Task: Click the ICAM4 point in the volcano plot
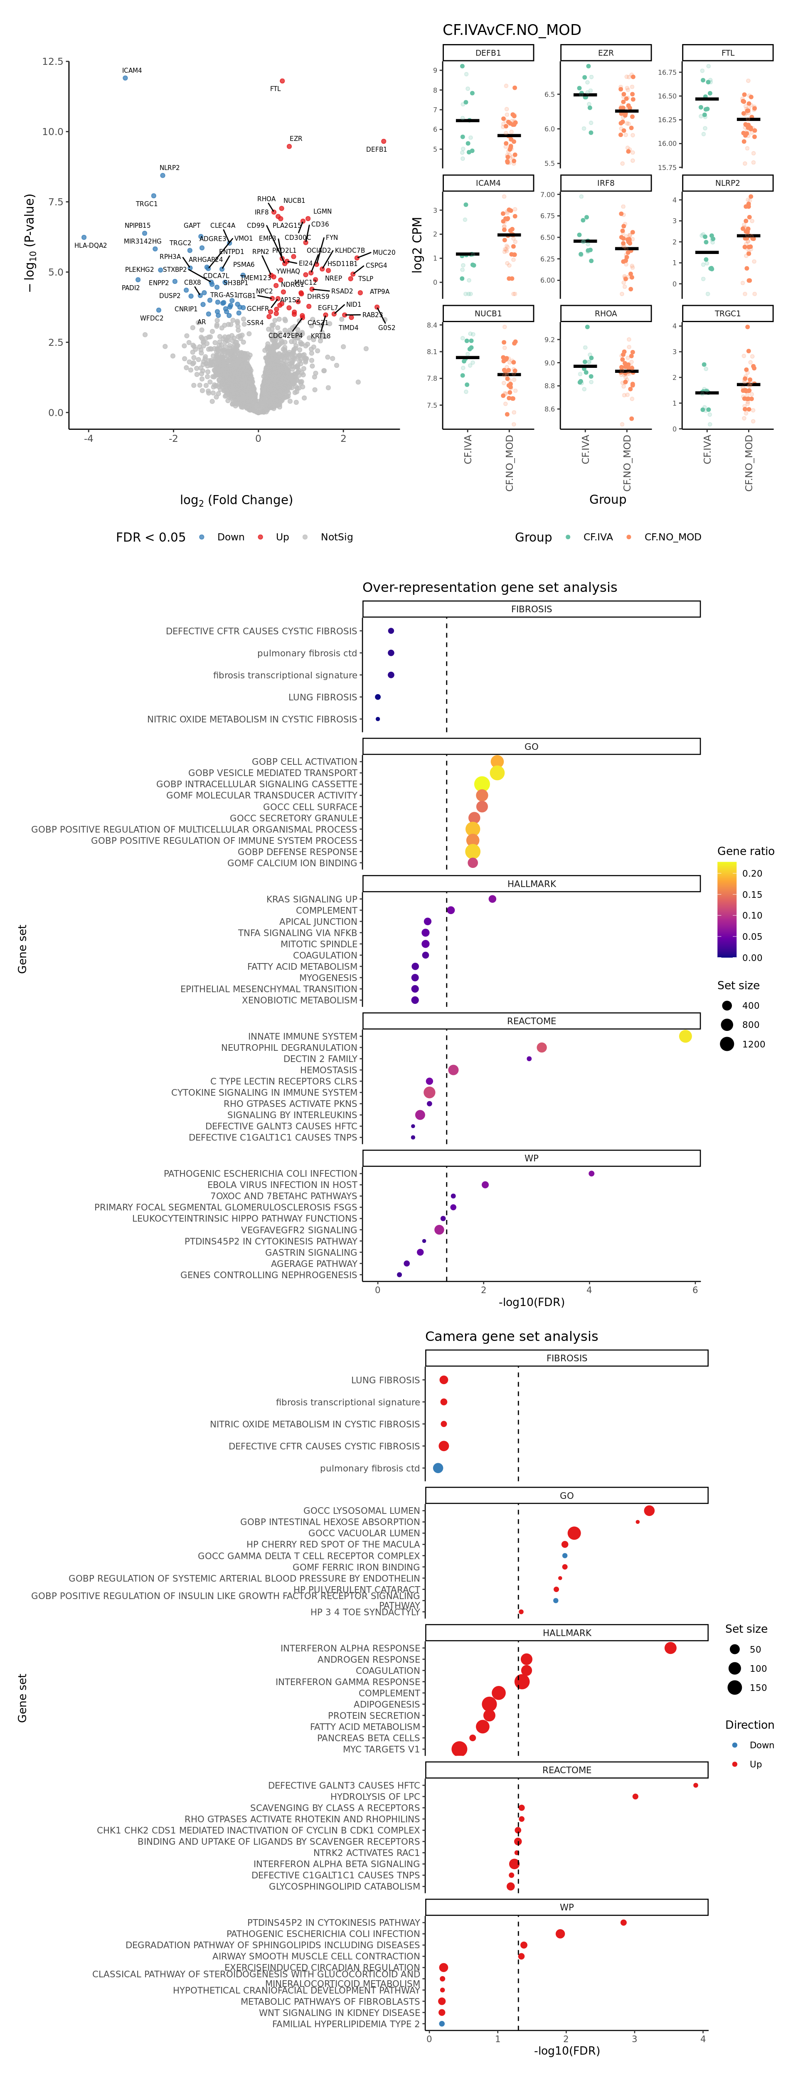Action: [x=125, y=78]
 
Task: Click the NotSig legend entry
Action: [x=336, y=537]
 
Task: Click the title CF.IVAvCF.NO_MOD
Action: [x=511, y=30]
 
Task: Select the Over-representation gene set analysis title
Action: [x=490, y=587]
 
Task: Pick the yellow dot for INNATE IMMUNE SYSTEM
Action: [x=685, y=1036]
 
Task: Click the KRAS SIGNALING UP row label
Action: [x=312, y=899]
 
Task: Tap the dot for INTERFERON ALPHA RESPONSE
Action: [x=670, y=1648]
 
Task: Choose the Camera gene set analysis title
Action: [x=511, y=1336]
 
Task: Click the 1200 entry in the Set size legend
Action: [x=753, y=1044]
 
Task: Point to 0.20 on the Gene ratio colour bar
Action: [x=751, y=873]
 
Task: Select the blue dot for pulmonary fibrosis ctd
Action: [x=438, y=1468]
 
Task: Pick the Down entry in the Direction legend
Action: [x=761, y=1745]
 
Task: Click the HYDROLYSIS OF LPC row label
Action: [x=375, y=1796]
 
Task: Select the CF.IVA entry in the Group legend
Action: [x=598, y=537]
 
